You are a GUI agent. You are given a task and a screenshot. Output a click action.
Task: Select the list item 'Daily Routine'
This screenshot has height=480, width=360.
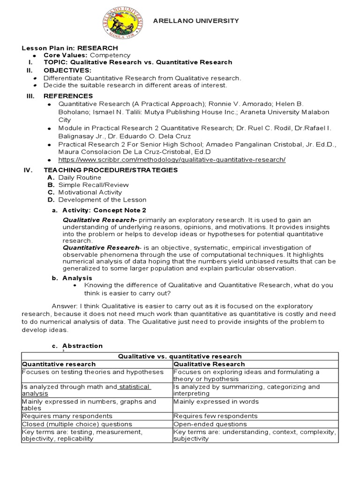point(79,178)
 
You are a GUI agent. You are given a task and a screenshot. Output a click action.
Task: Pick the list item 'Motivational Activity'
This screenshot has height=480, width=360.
point(90,192)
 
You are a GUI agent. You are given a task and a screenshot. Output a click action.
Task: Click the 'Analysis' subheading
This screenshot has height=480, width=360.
point(77,278)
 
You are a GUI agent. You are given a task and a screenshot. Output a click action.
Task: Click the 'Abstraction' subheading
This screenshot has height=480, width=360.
point(82,346)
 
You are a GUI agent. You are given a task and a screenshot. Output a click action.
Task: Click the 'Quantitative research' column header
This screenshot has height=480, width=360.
point(59,364)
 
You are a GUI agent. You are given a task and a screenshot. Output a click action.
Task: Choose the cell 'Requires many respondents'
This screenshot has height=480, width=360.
point(61,416)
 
